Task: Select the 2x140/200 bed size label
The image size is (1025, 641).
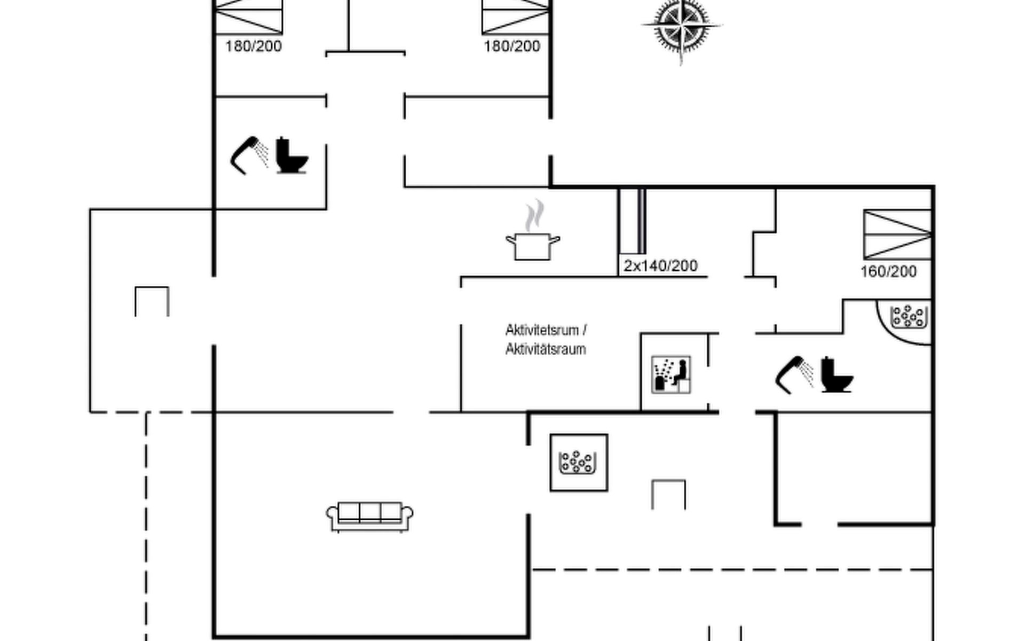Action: (660, 265)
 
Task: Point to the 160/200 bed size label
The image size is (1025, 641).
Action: (888, 271)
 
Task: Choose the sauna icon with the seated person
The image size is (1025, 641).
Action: (671, 374)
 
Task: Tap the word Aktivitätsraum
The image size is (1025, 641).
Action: (545, 349)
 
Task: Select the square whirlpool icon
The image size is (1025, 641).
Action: (579, 463)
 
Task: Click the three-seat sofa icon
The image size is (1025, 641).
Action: (369, 515)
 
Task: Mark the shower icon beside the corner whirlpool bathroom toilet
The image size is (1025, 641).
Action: (794, 374)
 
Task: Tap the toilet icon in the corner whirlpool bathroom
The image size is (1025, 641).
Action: (836, 374)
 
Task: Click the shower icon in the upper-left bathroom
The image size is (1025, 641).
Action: (248, 155)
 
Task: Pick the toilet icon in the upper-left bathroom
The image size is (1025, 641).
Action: (291, 155)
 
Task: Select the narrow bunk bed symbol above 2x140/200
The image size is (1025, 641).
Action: (633, 221)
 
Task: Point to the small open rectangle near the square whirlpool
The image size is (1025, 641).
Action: (668, 494)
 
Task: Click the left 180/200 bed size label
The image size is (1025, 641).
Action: (253, 46)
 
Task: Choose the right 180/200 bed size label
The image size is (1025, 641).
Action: (511, 46)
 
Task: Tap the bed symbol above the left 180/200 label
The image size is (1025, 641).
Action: (248, 16)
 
